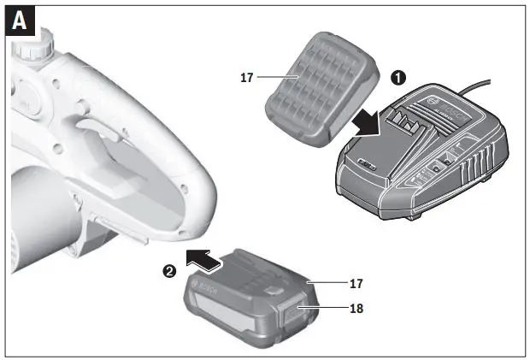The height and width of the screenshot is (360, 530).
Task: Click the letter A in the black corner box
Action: [20, 21]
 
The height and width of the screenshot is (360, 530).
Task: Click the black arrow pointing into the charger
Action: [368, 121]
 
